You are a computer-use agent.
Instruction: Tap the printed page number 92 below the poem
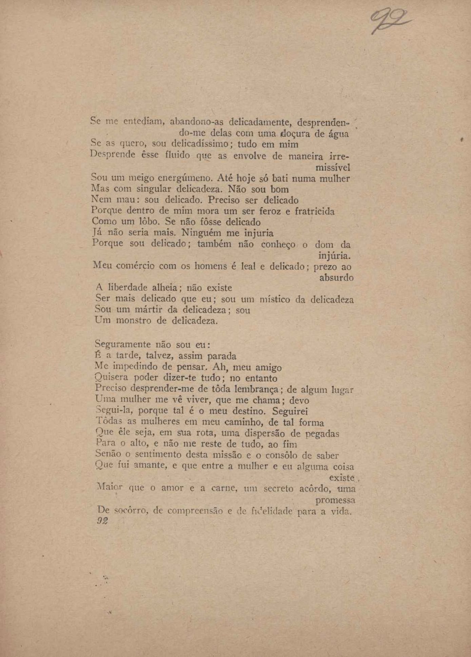pos(102,521)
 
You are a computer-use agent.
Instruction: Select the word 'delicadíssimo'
pos(196,144)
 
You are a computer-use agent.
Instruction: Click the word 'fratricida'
pos(314,211)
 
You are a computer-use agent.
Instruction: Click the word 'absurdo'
pos(336,278)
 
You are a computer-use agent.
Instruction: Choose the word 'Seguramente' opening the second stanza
pos(122,345)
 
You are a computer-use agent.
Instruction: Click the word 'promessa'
pos(335,500)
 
